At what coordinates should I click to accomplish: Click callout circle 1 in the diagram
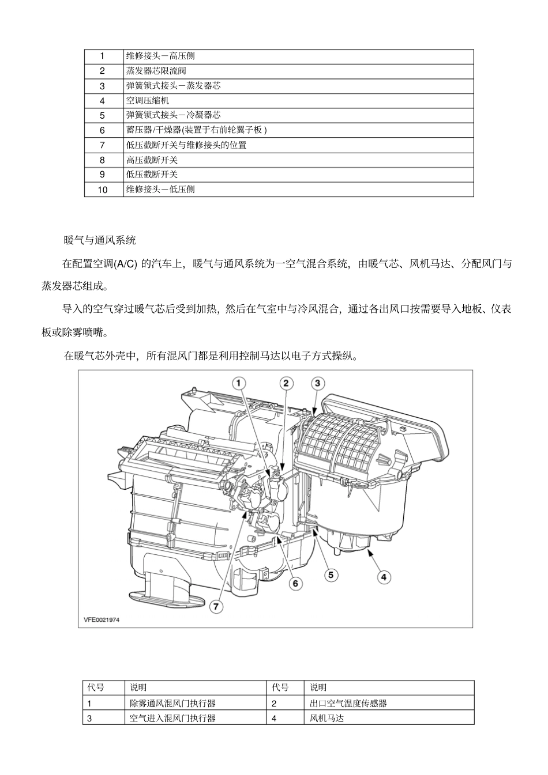[239, 383]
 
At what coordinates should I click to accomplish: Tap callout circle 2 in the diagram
[287, 383]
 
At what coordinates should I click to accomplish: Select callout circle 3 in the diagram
[318, 383]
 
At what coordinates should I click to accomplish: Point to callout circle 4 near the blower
[384, 575]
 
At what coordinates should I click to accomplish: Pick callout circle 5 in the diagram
[331, 574]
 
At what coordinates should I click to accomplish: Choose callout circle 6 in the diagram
[295, 583]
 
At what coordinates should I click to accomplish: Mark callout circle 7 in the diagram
[216, 606]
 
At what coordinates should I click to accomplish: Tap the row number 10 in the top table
[103, 190]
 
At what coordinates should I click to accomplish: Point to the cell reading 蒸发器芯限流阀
[156, 71]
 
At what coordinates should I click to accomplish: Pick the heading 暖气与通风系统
[100, 240]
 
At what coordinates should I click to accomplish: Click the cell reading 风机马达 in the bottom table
[326, 719]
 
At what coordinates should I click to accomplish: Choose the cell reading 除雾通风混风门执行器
[172, 703]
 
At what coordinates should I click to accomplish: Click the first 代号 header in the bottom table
[96, 687]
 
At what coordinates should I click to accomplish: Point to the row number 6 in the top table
[103, 130]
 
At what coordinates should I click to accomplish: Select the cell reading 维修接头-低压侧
[160, 190]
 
